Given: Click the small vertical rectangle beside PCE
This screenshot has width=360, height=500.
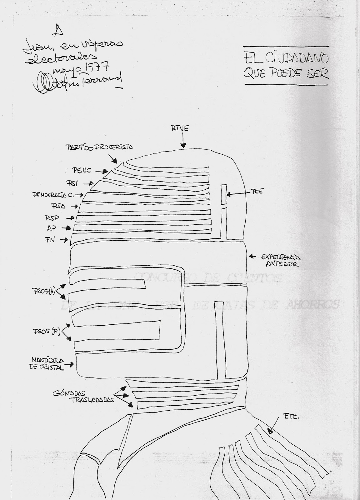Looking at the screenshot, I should click(223, 195).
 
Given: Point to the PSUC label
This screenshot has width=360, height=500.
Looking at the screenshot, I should click(82, 171).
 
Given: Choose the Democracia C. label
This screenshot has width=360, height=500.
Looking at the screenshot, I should click(53, 195).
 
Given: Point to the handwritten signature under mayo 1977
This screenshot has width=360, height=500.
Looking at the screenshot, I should click(78, 83).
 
